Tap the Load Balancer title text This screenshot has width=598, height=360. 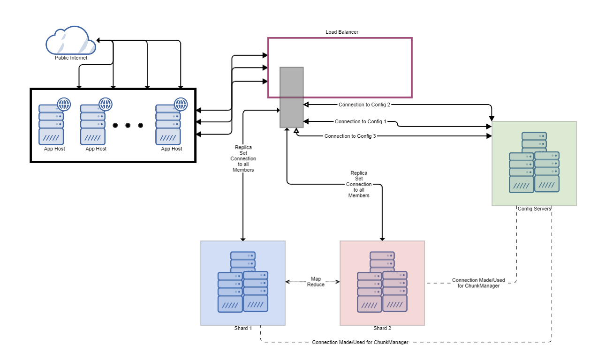342,32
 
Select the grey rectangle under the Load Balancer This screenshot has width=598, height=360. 291,97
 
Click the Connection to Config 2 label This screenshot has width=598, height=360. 364,105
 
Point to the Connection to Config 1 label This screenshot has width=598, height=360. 360,122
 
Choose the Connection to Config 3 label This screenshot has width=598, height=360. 350,136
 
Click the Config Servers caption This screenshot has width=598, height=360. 534,209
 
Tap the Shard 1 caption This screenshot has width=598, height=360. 243,328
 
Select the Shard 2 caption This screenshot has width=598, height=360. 382,328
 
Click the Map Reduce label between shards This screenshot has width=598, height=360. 316,282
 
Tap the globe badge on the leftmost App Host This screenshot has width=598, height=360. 64,104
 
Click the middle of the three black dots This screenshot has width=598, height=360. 128,125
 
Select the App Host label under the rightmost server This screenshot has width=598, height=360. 172,149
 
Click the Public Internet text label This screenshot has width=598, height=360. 71,58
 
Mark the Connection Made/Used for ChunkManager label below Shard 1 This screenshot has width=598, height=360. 360,342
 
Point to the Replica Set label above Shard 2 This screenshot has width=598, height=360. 359,184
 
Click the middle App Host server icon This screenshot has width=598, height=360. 93,125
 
